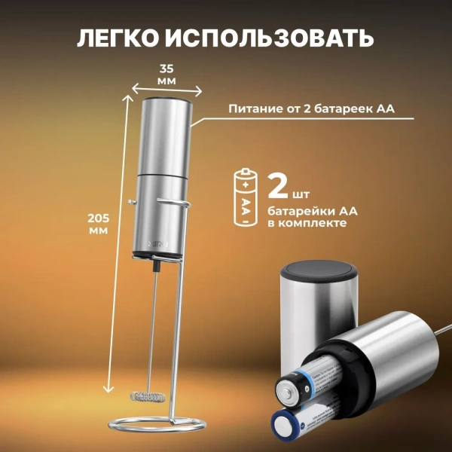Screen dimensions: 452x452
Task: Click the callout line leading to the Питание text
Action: click(207, 115)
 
